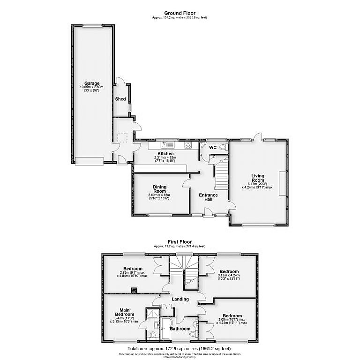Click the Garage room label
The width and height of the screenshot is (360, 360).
click(91, 83)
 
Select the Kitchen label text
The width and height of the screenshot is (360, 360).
click(165, 154)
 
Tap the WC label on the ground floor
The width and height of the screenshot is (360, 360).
click(212, 148)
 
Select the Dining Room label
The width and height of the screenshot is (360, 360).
click(160, 188)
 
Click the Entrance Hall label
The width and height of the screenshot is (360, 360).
click(208, 197)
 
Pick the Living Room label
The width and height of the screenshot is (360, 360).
click(258, 178)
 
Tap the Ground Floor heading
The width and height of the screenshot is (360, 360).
click(180, 13)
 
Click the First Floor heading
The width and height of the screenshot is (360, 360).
click(180, 242)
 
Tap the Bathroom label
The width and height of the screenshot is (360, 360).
click(180, 329)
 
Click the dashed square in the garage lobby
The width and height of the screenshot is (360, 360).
click(123, 137)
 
